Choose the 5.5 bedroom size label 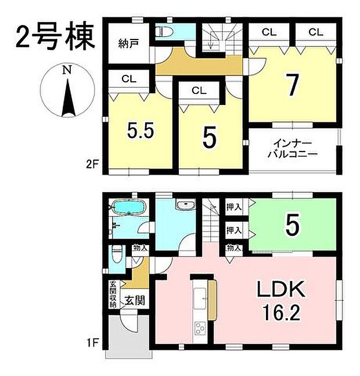140,131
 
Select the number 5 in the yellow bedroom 210,138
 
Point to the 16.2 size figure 283,314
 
